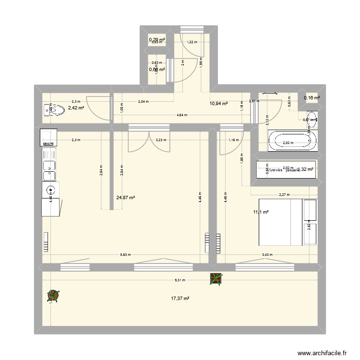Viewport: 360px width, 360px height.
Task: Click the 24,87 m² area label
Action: click(126, 197)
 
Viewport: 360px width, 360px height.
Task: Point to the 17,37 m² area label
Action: click(180, 299)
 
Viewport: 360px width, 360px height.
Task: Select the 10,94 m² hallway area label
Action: click(218, 103)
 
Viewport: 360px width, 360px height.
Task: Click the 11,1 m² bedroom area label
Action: click(261, 212)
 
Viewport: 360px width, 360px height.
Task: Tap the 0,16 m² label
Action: click(312, 98)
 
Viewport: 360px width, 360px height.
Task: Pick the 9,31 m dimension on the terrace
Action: click(180, 280)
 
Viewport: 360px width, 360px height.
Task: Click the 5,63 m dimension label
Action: click(125, 255)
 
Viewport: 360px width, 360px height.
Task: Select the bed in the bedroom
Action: click(287, 221)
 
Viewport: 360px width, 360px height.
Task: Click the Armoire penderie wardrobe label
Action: click(283, 170)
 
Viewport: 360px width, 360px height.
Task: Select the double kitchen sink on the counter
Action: click(49, 166)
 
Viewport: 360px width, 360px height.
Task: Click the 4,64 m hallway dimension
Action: click(182, 115)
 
